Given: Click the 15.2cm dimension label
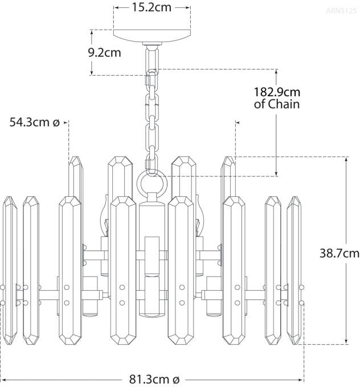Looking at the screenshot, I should click(x=152, y=8).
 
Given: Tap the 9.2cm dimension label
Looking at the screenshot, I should click(x=104, y=52).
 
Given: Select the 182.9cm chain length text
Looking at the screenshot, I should click(x=277, y=92).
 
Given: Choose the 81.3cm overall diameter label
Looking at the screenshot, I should click(x=152, y=378).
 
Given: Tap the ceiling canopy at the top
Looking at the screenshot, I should click(x=152, y=35).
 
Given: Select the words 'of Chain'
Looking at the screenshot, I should click(x=277, y=105).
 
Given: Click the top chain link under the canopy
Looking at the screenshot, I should click(x=152, y=59).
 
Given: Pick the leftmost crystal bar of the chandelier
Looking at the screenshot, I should click(x=9, y=270).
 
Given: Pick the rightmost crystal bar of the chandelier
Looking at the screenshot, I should click(x=295, y=270).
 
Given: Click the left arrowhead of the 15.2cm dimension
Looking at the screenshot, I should click(x=116, y=8).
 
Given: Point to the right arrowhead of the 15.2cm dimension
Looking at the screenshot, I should click(x=188, y=8).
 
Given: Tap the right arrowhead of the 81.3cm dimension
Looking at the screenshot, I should click(x=301, y=378).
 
